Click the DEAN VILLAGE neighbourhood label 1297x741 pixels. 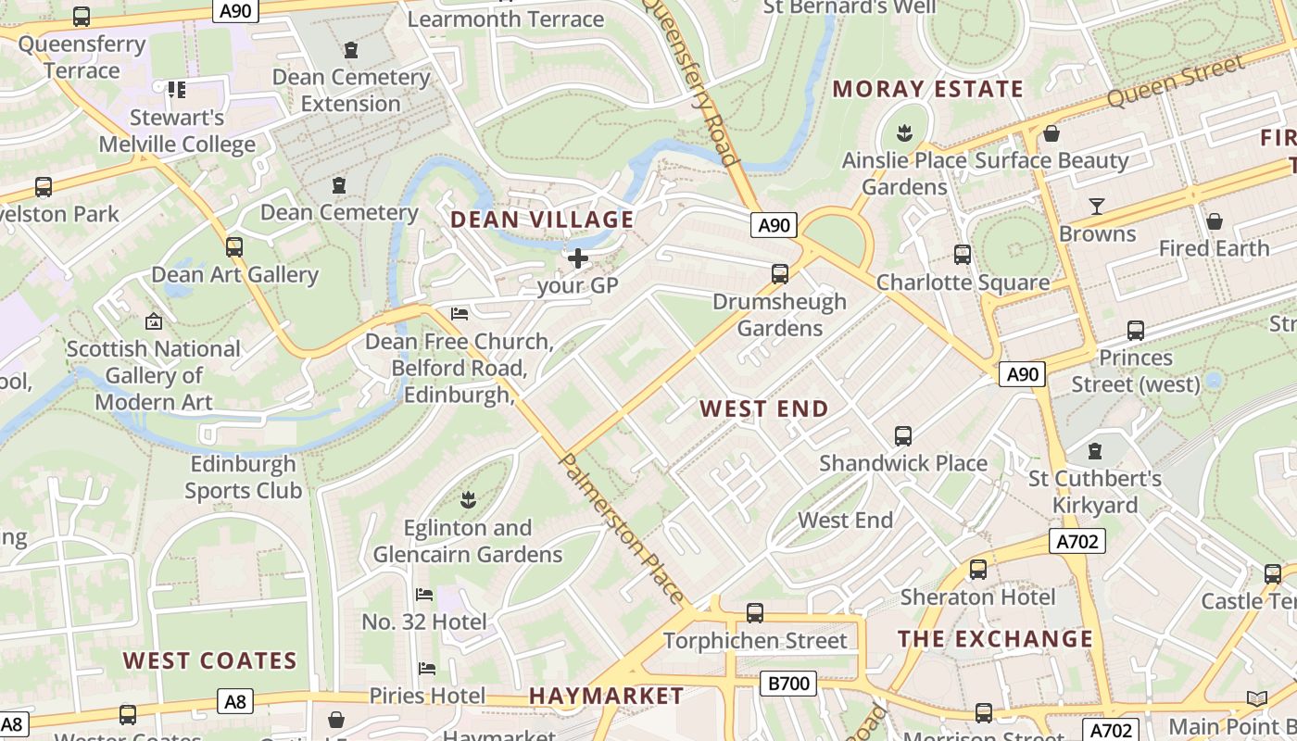point(542,220)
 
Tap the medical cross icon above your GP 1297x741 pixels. point(578,257)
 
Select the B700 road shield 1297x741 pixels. point(788,684)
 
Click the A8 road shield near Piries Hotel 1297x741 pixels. point(235,701)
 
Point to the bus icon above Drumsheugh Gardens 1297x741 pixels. point(780,273)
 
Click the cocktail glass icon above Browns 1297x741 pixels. point(1097,206)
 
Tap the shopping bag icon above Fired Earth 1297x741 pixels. point(1214,220)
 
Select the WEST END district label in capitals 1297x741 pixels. point(764,408)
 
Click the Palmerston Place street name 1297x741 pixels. point(623,529)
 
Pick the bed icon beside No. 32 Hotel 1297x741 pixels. point(424,594)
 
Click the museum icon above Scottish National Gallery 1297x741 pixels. point(154,321)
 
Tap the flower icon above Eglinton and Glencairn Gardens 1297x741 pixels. point(468,500)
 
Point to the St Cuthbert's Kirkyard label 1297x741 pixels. point(1095,492)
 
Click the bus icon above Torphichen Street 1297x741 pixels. point(755,612)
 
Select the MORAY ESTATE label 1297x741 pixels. point(927,89)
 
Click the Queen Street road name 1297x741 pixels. point(1176,81)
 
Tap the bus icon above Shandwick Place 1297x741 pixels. point(903,435)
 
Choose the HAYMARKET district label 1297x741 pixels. point(606,696)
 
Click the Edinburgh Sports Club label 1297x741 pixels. point(243,477)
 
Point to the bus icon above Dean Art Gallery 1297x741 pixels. point(234,246)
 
